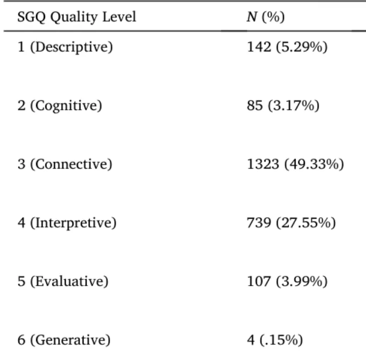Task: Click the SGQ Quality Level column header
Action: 77,17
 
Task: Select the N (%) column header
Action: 266,17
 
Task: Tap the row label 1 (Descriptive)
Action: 65,47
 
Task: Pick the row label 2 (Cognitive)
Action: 60,106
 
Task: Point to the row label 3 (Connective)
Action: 65,164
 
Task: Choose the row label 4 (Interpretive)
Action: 67,223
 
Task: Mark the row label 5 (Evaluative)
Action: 63,281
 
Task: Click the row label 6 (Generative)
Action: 64,340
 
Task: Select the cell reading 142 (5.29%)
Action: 287,47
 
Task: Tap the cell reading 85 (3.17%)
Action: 283,106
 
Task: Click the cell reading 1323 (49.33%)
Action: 296,164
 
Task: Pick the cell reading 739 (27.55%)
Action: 291,223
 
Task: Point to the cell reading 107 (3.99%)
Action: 287,281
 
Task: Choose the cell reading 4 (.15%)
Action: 275,340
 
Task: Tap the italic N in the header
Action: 252,17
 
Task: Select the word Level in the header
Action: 119,17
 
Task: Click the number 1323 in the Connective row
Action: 263,164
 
